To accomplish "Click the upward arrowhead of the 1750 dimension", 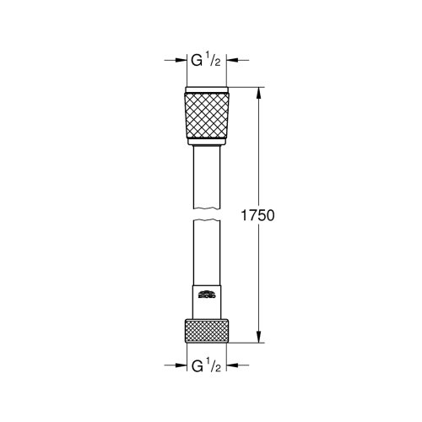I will point(259,92).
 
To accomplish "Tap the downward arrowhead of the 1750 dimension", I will point(259,338).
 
